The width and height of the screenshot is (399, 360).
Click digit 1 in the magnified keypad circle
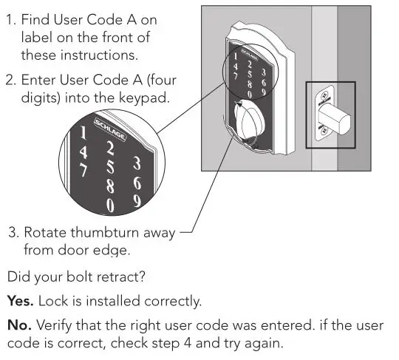click(x=83, y=133)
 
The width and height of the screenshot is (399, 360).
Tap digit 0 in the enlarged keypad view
click(x=111, y=204)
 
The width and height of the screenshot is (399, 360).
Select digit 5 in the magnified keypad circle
click(x=109, y=164)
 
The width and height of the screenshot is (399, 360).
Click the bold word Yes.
click(x=21, y=302)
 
